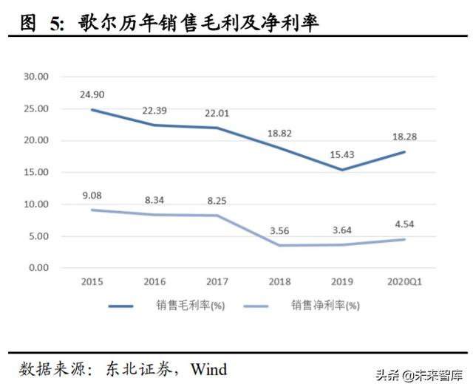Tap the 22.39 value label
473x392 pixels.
[156, 111]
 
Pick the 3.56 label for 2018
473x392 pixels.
[280, 230]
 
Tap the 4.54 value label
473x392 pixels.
[404, 224]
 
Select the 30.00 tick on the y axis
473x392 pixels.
[35, 77]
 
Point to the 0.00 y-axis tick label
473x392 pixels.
[38, 268]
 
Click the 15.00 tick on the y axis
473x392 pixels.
[35, 172]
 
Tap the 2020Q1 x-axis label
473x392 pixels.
[404, 282]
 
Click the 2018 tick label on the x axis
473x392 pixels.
[280, 282]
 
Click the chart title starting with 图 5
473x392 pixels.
[170, 23]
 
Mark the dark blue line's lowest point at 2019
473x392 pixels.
[342, 170]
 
